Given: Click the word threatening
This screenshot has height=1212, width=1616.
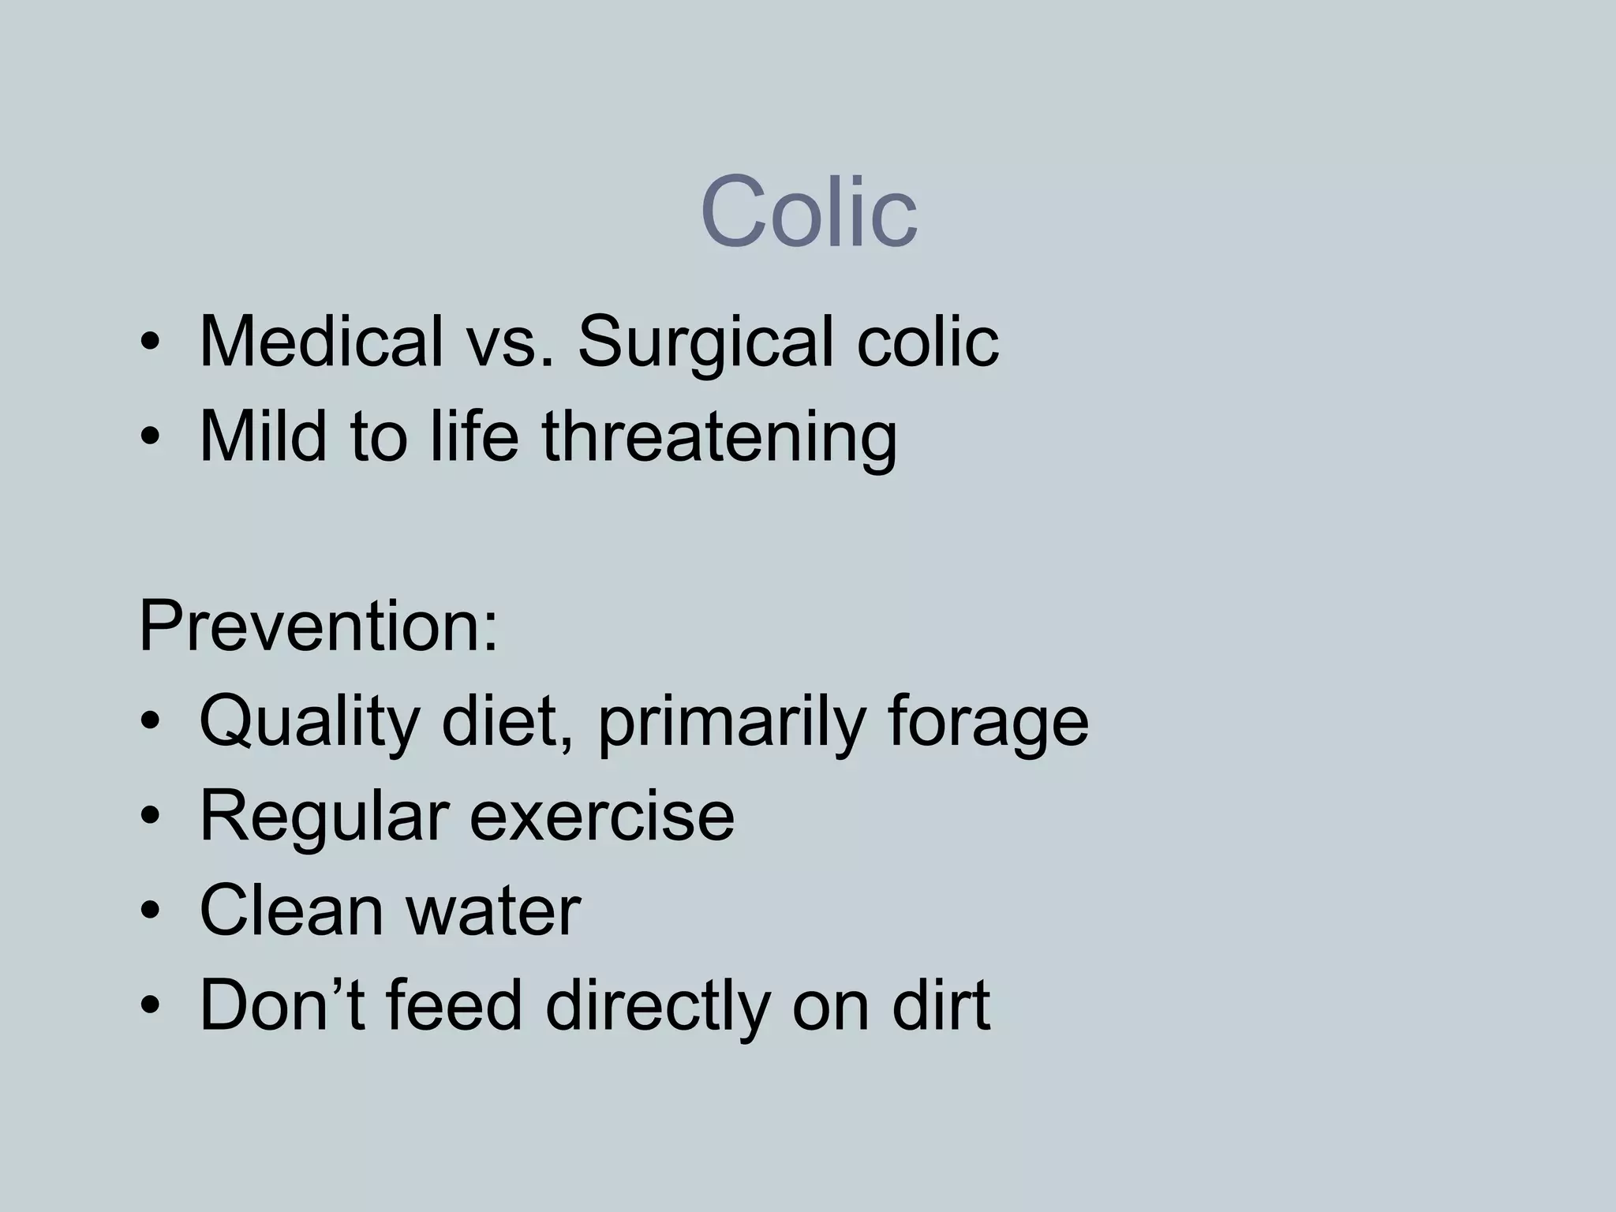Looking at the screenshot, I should pos(719,439).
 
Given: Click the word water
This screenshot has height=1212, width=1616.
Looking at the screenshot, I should pos(493,912).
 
